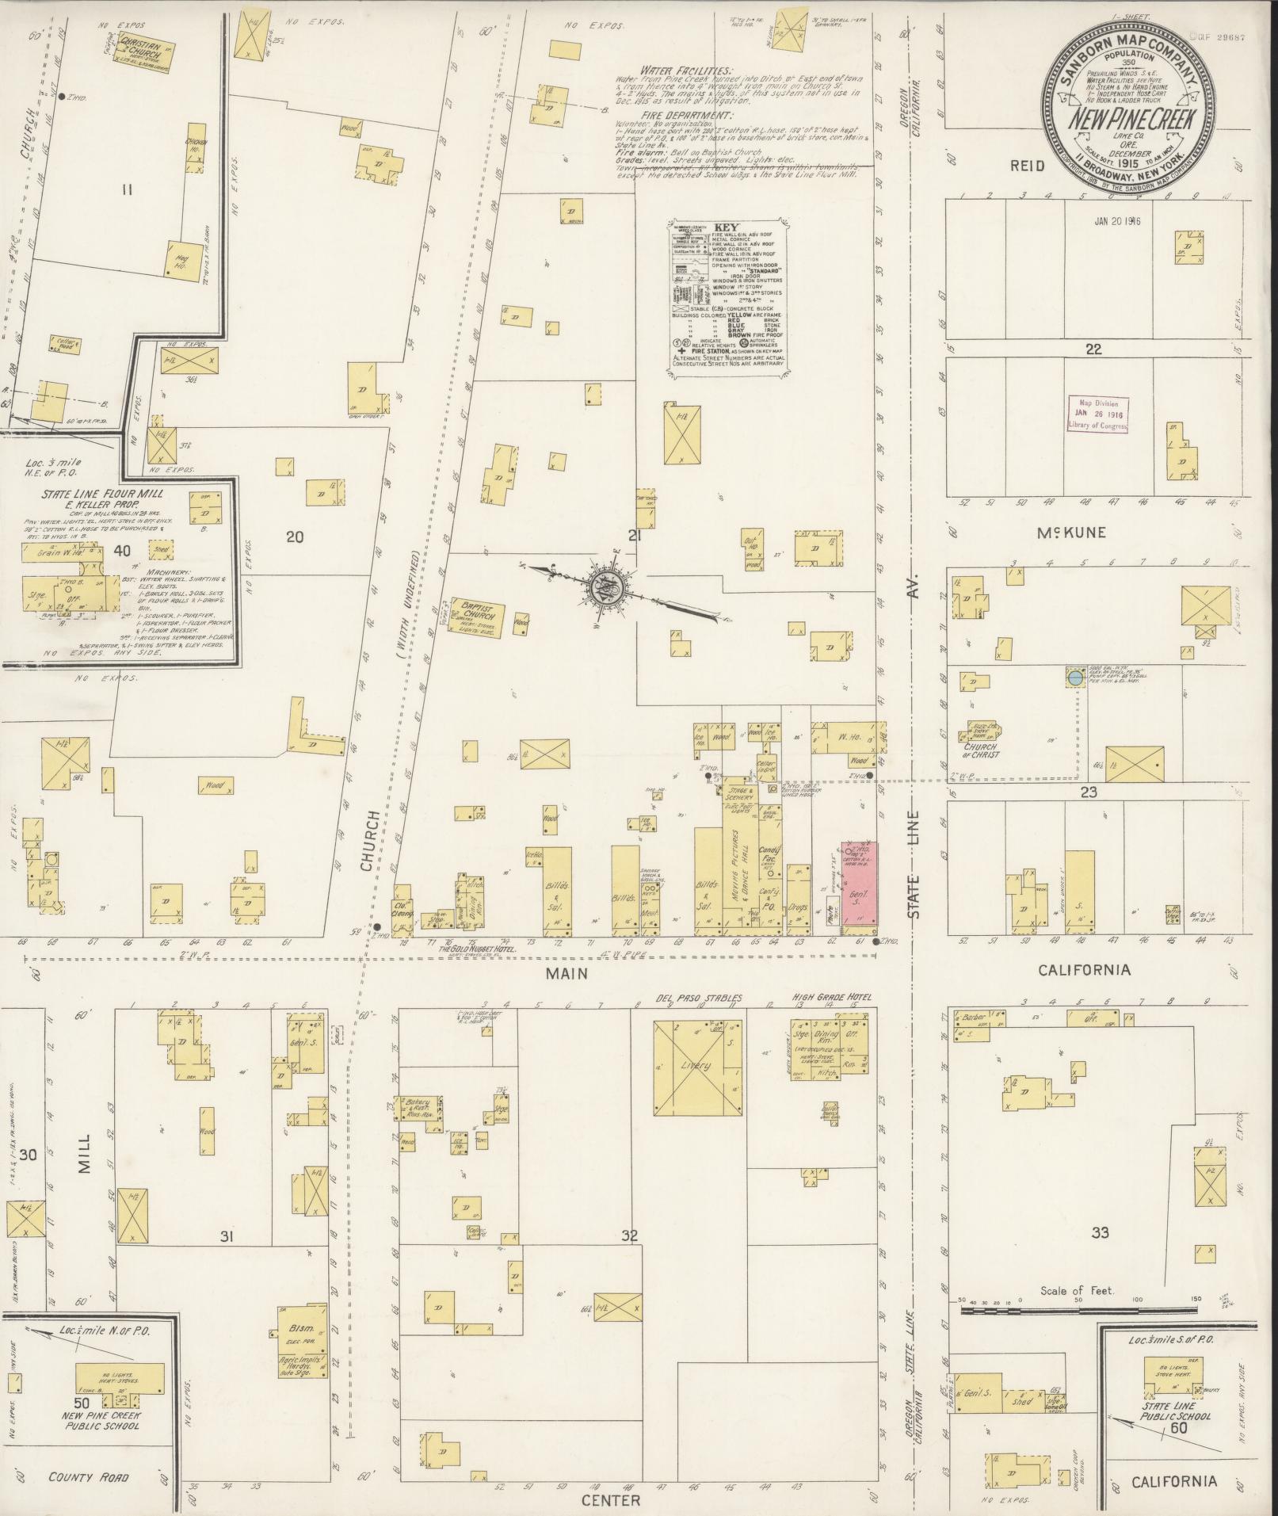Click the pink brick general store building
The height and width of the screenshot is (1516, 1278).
859,881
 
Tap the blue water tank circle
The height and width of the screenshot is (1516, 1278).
1074,678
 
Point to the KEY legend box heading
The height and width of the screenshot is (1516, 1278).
724,226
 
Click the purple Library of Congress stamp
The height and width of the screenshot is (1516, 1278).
1097,414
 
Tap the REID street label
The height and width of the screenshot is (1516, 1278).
1028,166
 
